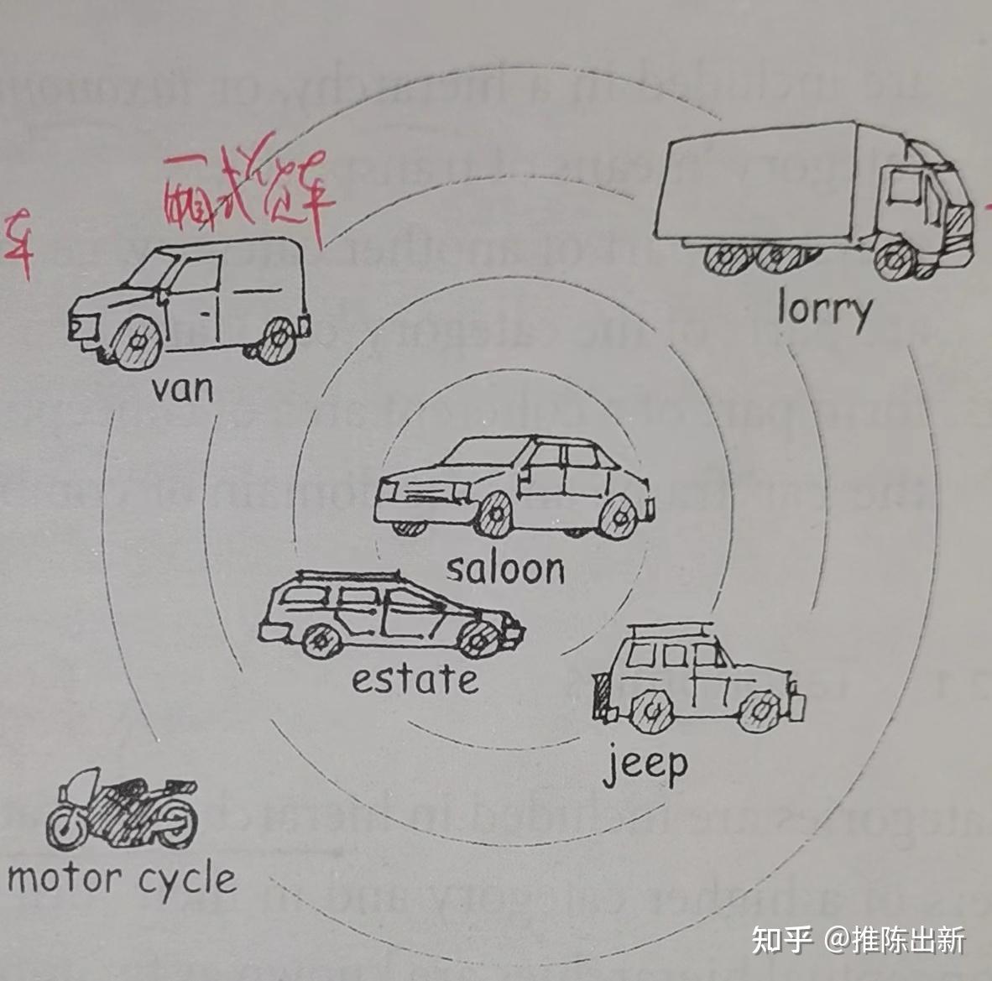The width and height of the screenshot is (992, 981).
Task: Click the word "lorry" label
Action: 824,310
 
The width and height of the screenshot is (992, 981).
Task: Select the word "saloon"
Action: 505,569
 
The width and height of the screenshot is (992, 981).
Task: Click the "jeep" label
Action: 645,764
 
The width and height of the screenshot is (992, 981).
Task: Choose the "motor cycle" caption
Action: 122,879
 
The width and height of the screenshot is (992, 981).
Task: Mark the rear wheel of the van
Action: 276,339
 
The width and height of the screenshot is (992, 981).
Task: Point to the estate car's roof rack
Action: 352,577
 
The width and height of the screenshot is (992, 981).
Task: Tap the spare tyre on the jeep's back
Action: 602,696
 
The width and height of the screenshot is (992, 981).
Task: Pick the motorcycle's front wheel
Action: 66,826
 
